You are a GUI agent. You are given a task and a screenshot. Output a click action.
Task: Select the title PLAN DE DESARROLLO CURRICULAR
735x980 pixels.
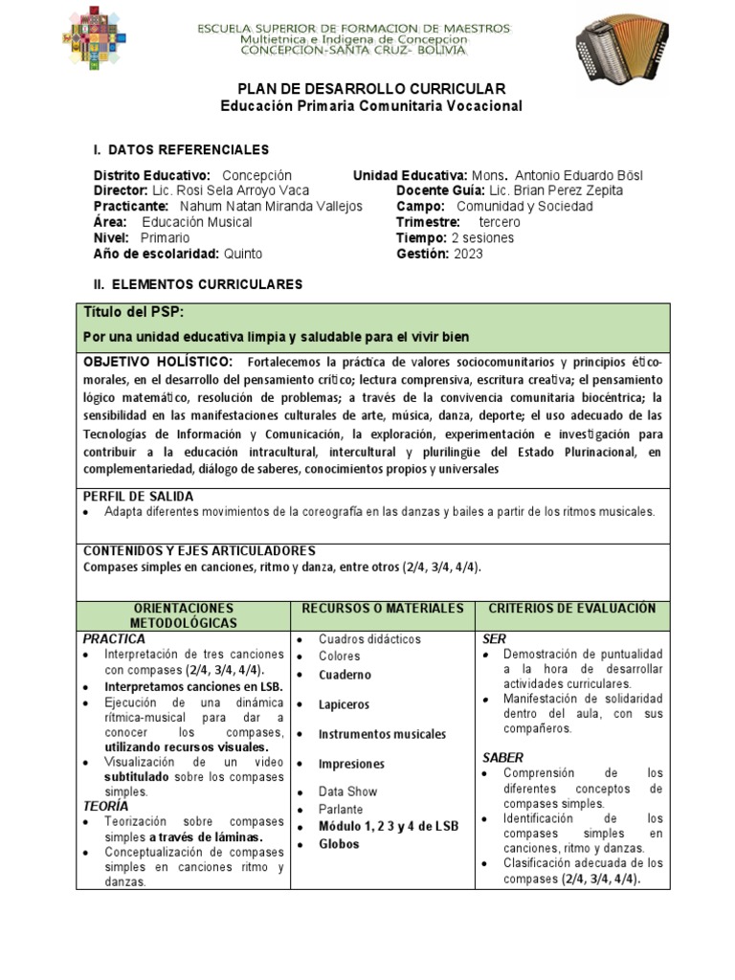point(371,88)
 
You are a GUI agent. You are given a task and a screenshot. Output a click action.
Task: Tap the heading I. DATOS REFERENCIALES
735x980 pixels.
point(181,150)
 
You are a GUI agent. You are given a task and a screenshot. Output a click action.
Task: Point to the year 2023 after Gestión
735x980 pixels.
point(468,254)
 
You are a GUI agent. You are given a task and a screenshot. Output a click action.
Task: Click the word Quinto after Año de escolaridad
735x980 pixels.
point(242,254)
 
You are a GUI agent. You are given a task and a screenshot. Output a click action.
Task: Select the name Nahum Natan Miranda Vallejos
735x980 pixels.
point(271,206)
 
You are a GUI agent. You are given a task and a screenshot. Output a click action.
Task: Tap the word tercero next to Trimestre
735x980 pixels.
point(499,222)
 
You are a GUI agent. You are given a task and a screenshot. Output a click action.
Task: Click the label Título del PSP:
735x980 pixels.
point(134,313)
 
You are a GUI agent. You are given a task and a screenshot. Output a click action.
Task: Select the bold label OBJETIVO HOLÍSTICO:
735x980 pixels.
point(158,362)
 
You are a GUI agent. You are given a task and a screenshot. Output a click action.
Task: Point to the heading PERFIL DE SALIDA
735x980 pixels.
point(139,496)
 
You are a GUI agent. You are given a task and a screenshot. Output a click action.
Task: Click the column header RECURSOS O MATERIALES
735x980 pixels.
point(383,609)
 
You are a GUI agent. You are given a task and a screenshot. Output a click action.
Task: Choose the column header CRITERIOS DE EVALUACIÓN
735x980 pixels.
point(571,609)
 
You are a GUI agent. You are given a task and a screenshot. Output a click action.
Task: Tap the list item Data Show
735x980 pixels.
point(347,791)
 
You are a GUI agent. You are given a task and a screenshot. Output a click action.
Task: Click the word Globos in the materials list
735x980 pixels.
point(339,844)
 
